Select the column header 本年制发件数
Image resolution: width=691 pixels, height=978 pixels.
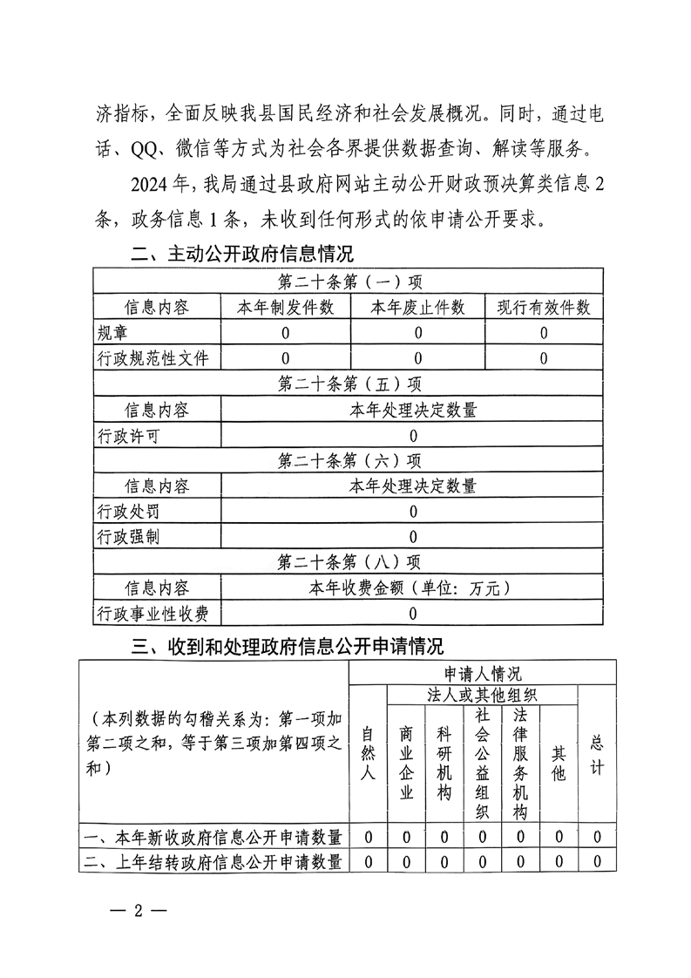286,308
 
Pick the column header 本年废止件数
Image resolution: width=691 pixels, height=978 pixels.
417,308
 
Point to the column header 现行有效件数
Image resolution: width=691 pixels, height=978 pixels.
544,308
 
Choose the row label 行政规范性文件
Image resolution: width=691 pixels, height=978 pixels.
153,358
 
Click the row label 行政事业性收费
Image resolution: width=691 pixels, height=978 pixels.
153,614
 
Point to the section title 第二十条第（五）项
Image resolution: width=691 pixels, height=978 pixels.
349,384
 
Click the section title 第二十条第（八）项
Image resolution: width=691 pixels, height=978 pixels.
349,562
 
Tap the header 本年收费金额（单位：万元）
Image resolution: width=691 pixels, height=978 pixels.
412,588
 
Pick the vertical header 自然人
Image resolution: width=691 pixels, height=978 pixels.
369,753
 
